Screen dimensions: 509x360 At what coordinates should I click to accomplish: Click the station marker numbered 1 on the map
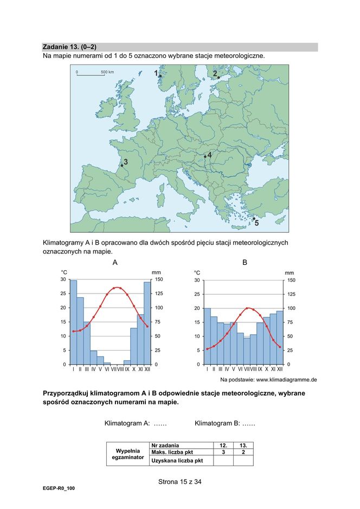point(160,77)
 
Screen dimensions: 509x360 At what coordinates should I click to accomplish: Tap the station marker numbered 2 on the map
point(218,78)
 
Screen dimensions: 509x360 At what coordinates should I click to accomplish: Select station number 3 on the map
point(122,166)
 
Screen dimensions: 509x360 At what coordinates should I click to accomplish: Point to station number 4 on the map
point(205,156)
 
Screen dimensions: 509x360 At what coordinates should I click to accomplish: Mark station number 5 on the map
point(253,219)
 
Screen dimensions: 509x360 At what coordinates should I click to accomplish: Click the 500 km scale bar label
point(107,72)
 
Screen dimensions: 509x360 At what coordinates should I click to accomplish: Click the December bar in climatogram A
point(147,323)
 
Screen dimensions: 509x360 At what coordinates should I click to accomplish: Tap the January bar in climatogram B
point(207,336)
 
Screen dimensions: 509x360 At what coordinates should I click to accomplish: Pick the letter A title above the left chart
point(115,263)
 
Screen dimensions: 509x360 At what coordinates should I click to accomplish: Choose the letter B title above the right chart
point(245,263)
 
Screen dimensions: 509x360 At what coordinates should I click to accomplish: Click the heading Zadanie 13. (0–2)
point(69,47)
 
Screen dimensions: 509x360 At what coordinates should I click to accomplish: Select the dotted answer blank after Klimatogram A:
point(160,423)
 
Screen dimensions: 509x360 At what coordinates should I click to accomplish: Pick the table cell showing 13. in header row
point(243,445)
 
